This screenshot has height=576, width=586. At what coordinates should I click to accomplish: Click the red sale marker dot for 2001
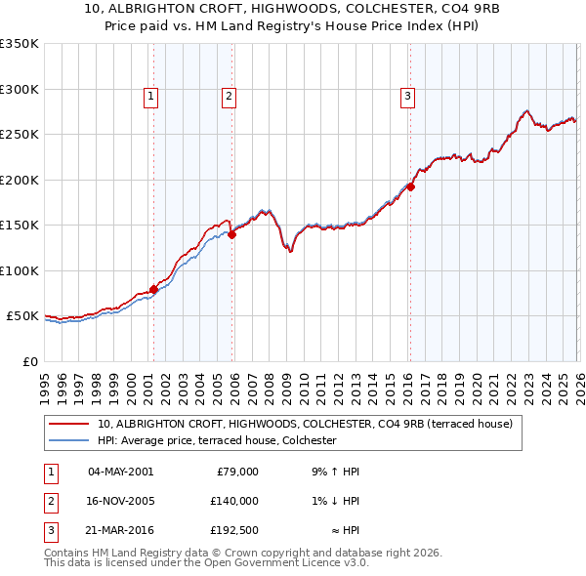click(153, 290)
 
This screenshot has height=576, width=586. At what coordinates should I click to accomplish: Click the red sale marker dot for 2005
click(231, 234)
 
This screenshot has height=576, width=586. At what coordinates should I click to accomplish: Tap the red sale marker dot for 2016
click(410, 186)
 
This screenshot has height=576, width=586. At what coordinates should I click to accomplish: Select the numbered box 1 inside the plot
click(152, 96)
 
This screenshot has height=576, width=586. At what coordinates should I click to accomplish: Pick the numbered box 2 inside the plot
click(228, 96)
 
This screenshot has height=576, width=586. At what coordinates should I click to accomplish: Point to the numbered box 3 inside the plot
click(406, 96)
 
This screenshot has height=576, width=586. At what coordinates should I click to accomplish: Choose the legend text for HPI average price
click(217, 440)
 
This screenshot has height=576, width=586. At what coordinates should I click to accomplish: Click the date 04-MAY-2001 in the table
click(120, 472)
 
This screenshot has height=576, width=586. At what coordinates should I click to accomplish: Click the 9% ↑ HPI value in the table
click(335, 472)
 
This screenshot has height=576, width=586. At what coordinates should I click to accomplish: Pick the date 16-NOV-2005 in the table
click(120, 501)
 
